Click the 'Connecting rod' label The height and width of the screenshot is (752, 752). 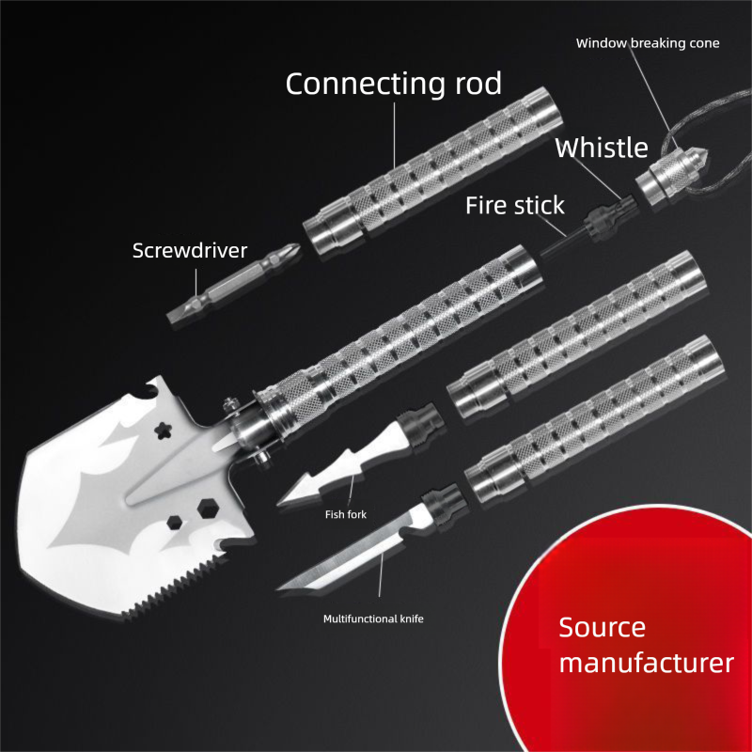click(393, 84)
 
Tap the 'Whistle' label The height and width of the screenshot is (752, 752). click(601, 148)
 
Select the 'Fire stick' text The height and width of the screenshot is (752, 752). click(515, 205)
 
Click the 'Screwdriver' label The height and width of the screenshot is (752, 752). click(189, 250)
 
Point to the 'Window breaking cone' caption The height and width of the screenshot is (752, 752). click(648, 43)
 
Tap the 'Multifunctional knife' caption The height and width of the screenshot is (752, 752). click(373, 619)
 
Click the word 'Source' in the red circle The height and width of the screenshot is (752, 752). click(603, 627)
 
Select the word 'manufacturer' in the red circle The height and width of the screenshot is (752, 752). click(646, 663)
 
